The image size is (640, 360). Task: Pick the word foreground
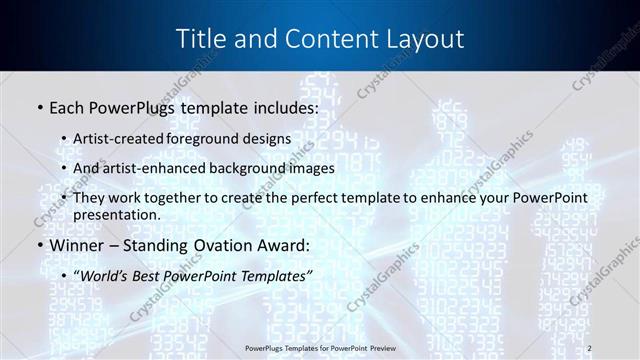point(211,138)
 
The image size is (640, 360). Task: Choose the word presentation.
point(123,214)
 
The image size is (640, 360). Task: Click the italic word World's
point(106,275)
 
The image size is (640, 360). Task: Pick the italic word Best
point(155,275)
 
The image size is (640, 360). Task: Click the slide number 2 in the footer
point(590,347)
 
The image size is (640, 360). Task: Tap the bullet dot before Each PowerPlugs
point(38,107)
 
